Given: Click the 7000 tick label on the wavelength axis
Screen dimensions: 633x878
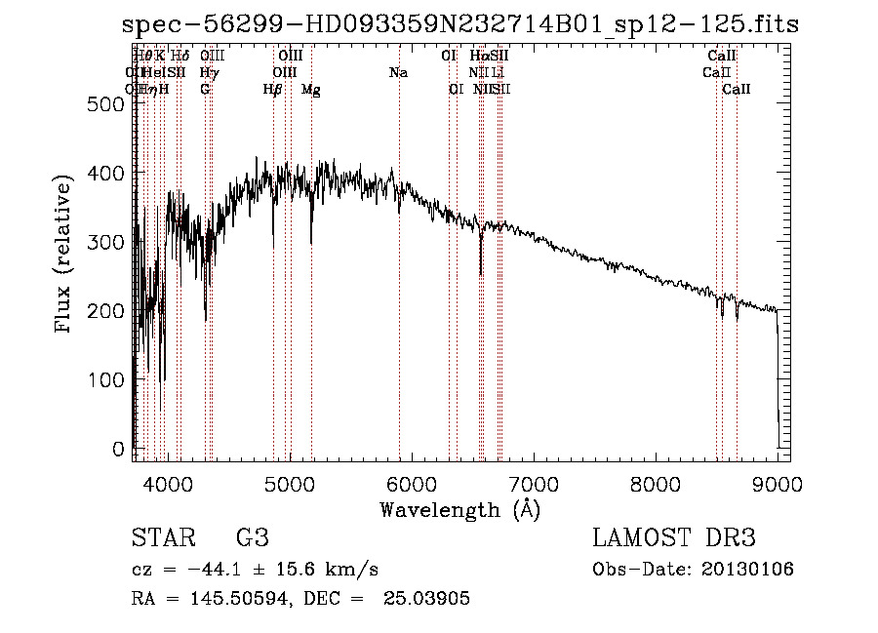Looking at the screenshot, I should pyautogui.click(x=533, y=483).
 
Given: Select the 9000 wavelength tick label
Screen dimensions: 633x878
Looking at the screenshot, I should pyautogui.click(x=778, y=483).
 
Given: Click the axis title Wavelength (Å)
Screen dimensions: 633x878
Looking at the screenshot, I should pyautogui.click(x=459, y=509).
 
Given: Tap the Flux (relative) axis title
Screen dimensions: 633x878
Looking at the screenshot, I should pyautogui.click(x=64, y=256).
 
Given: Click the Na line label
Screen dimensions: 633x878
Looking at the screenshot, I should pyautogui.click(x=398, y=73).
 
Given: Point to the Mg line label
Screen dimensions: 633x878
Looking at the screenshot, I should pyautogui.click(x=311, y=90).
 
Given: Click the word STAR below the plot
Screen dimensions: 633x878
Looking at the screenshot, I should pyautogui.click(x=163, y=538).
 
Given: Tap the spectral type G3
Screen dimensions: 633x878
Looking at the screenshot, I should pyautogui.click(x=252, y=538).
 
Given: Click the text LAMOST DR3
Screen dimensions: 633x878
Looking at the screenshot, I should pyautogui.click(x=674, y=538).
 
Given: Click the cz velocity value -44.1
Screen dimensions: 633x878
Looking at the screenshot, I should pyautogui.click(x=199, y=570).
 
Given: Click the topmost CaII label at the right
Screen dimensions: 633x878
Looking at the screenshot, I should pyautogui.click(x=721, y=57).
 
